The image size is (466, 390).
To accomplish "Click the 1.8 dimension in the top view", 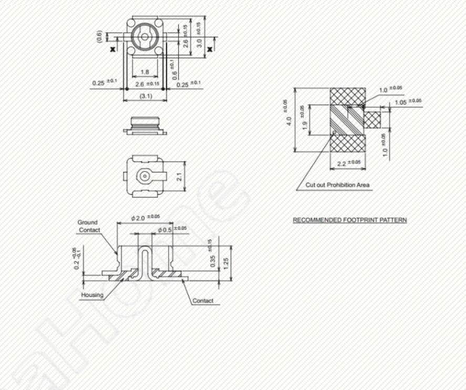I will pyautogui.click(x=144, y=71).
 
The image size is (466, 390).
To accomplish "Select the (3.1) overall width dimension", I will pyautogui.click(x=146, y=96).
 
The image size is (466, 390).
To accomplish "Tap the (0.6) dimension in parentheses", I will pyautogui.click(x=100, y=36).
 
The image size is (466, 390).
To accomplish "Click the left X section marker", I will pyautogui.click(x=112, y=49).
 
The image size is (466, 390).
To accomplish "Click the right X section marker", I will pyautogui.click(x=210, y=49).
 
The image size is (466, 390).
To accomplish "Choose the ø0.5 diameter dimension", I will pyautogui.click(x=165, y=230).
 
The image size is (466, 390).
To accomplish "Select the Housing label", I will pyautogui.click(x=92, y=295).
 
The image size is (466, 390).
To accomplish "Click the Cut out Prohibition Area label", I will pyautogui.click(x=337, y=184).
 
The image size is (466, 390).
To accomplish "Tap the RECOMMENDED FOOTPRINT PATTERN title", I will pyautogui.click(x=349, y=220).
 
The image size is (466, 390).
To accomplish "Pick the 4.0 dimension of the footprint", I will pyautogui.click(x=288, y=120).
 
